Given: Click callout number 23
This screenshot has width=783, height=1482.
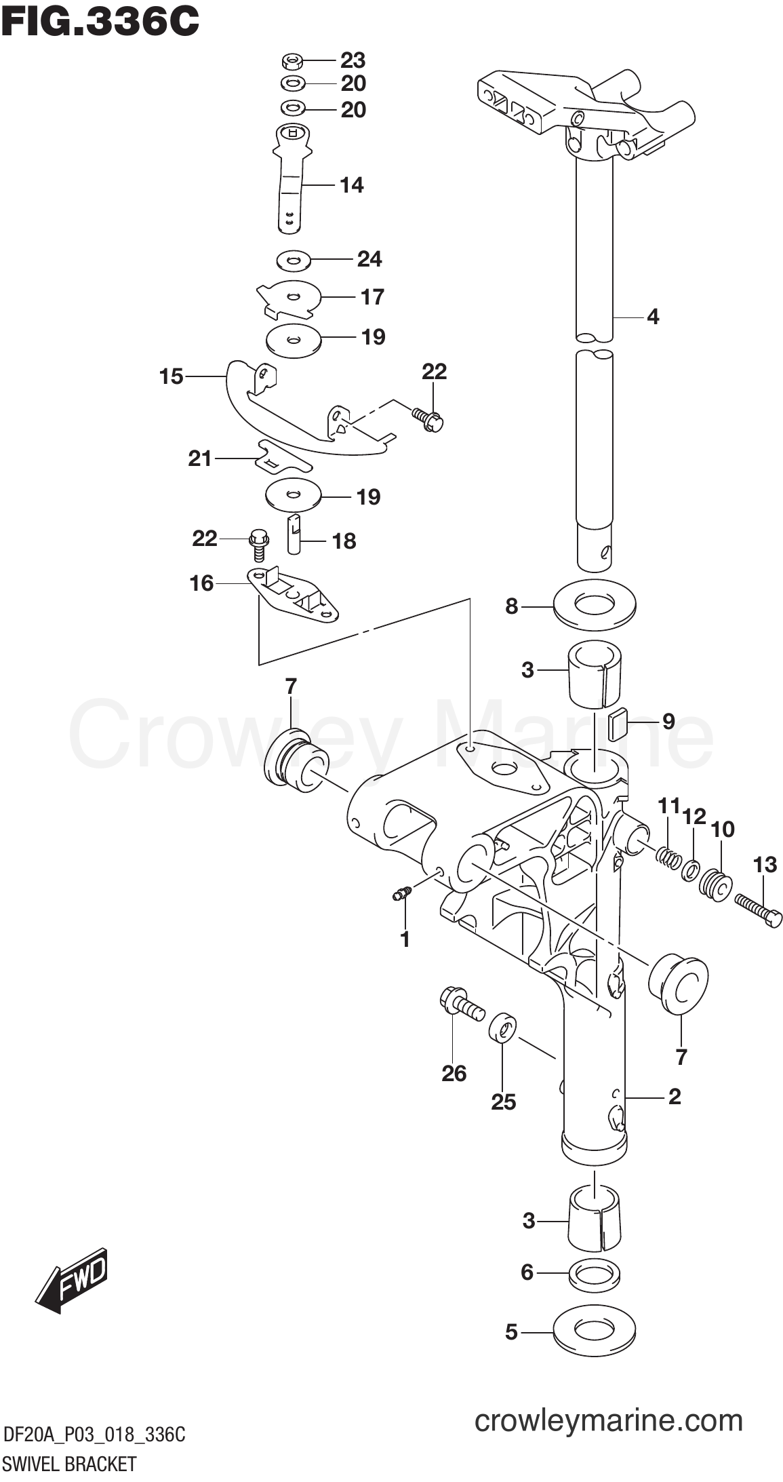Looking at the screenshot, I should [x=353, y=60].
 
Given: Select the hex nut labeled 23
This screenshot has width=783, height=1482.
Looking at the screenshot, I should [x=292, y=62].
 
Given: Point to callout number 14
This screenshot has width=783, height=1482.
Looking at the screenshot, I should [x=352, y=184].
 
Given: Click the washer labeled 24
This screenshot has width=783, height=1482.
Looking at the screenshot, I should [x=294, y=259].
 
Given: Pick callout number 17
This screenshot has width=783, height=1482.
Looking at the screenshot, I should [x=372, y=296].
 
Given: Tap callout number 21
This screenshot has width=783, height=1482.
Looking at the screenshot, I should [x=200, y=459].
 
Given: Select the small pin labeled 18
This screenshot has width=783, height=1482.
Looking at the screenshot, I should [x=294, y=534].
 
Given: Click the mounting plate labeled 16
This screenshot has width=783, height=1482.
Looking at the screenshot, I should [x=293, y=593].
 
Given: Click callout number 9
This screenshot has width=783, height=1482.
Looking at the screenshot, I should [x=668, y=720].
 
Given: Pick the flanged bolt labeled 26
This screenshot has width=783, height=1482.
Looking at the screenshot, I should [x=461, y=1006].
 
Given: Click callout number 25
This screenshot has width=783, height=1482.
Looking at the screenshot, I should [x=504, y=1102].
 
